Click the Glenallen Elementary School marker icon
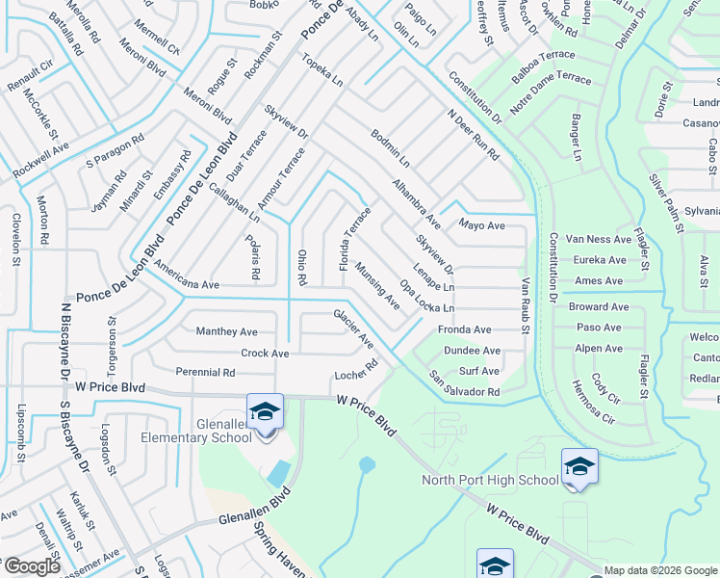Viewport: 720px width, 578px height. [265, 412]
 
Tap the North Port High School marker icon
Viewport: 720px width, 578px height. [579, 467]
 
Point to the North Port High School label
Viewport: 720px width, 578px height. [490, 480]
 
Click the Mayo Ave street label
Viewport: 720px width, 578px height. [481, 225]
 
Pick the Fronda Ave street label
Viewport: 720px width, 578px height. [464, 329]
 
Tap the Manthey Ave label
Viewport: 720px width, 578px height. [226, 330]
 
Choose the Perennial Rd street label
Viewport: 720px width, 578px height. [205, 372]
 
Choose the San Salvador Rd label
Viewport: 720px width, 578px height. [465, 385]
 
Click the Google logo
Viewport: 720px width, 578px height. [31, 566]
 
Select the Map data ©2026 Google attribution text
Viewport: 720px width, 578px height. [661, 570]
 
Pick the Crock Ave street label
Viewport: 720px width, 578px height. [265, 354]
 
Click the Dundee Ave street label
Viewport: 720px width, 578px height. [472, 351]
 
